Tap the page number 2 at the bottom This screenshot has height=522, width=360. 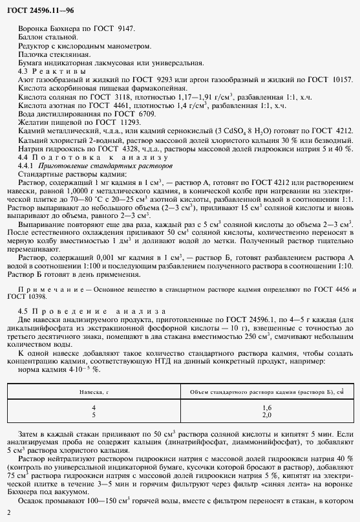pyautogui.click(x=7, y=513)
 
